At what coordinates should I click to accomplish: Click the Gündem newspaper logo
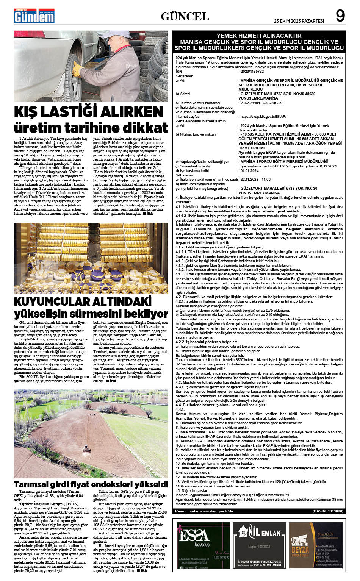coord(34,16)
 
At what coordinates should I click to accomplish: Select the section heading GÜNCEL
coord(185,16)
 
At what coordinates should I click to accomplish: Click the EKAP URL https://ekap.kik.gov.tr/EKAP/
coord(262,117)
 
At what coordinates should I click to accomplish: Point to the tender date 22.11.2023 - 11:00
coord(255,180)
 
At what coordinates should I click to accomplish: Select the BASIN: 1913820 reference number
coord(328,511)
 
